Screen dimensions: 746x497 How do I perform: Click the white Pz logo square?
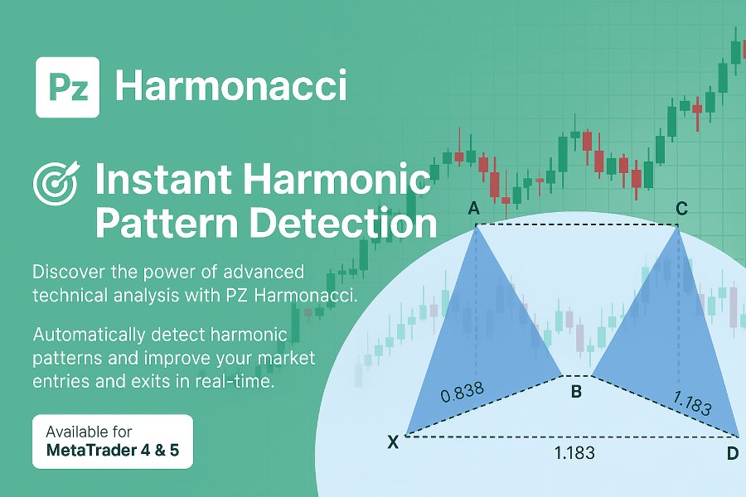pos(68,87)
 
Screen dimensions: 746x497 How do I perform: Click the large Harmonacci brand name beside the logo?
pos(231,85)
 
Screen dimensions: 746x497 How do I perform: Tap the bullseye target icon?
pos(56,183)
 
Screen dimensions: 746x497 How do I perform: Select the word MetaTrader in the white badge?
pos(91,450)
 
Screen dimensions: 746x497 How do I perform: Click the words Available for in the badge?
pos(89,432)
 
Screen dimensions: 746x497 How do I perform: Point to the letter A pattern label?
pos(474,208)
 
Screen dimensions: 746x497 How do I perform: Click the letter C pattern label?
pos(681,208)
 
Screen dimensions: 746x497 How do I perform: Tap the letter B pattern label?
pos(576,392)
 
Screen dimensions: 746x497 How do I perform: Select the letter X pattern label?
pos(393,442)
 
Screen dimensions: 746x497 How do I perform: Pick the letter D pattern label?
pos(733,453)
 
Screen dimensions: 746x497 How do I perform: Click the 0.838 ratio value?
pos(462,392)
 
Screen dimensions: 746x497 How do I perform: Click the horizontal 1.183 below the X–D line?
pos(574,453)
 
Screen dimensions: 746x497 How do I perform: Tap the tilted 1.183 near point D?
pos(692,403)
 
